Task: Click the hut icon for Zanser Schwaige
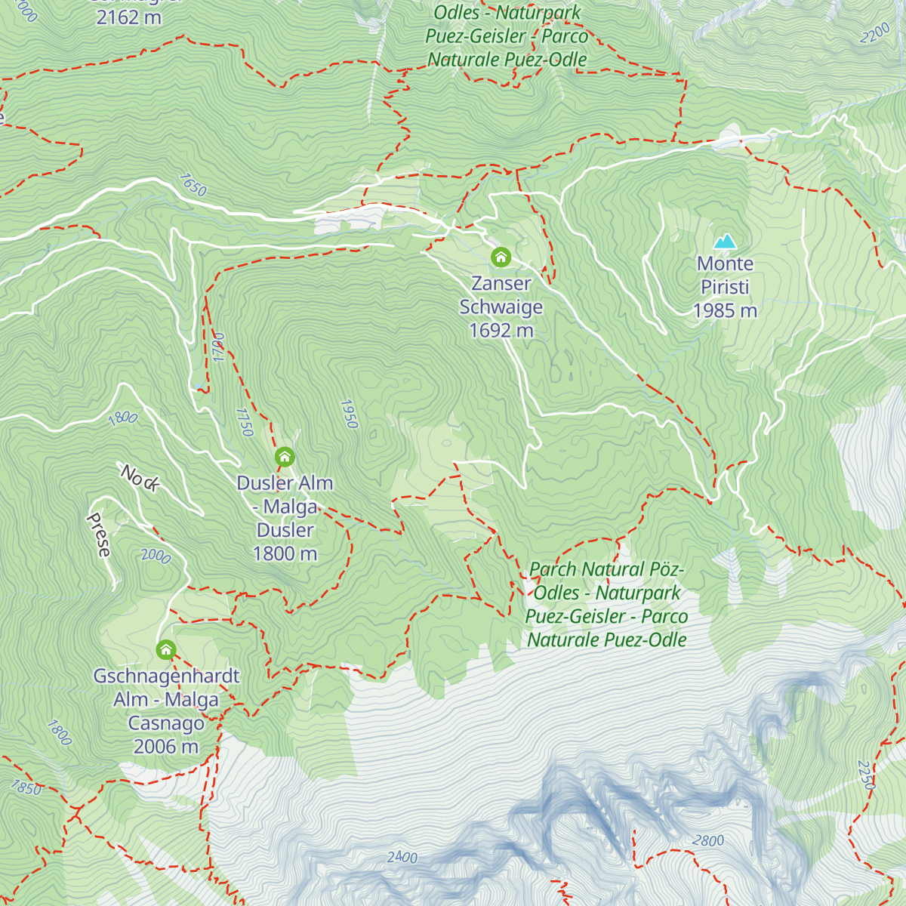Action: click(x=501, y=257)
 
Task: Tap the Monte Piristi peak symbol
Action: click(x=726, y=242)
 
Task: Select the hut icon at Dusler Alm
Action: click(x=285, y=457)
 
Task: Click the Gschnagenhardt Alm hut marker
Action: click(x=166, y=649)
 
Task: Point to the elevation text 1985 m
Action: click(x=725, y=310)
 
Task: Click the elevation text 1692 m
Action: click(x=501, y=331)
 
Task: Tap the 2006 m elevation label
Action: click(x=166, y=747)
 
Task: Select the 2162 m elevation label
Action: click(x=128, y=17)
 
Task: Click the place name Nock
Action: click(x=140, y=478)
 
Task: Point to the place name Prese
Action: click(x=99, y=535)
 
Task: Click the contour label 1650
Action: click(x=193, y=185)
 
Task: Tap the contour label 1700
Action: click(x=219, y=347)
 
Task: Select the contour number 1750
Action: click(x=244, y=422)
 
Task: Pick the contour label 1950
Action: click(x=348, y=414)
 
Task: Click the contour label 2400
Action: click(x=402, y=857)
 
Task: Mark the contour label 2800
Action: click(x=707, y=841)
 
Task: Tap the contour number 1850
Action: click(x=26, y=787)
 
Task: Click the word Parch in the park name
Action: click(x=553, y=569)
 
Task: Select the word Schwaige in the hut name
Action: click(x=501, y=307)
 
